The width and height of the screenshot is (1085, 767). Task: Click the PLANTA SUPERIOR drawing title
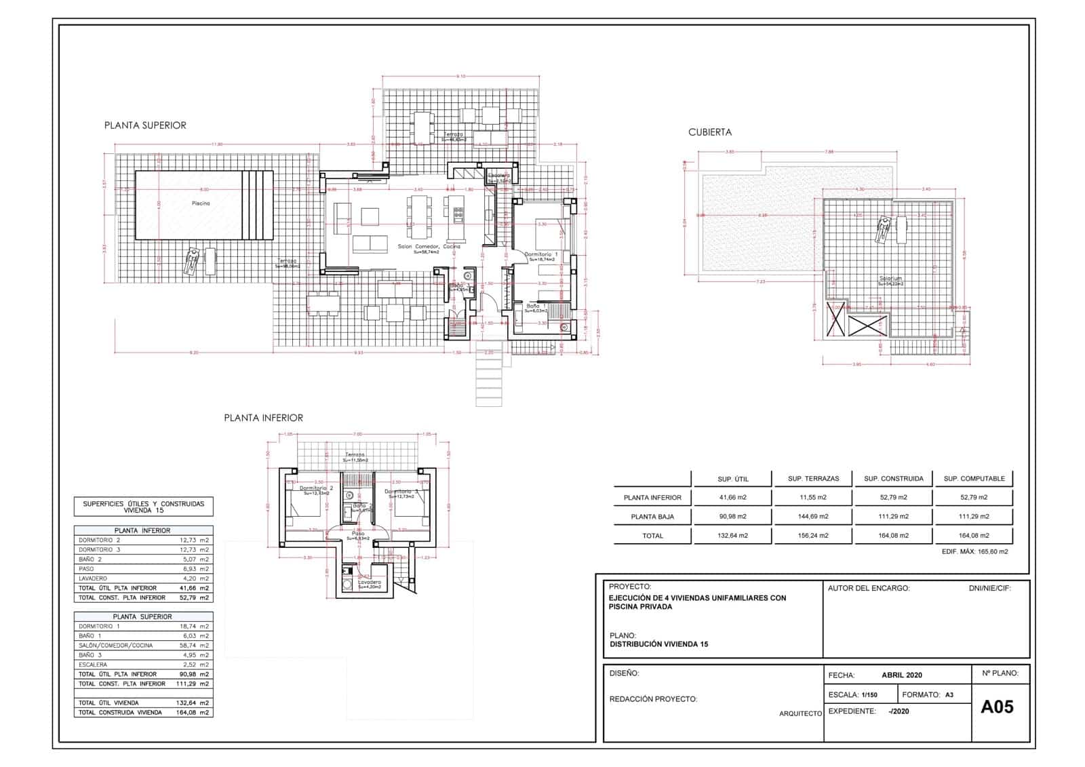click(145, 125)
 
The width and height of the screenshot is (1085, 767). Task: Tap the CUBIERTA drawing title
click(710, 132)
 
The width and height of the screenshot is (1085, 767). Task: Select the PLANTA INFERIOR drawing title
click(264, 418)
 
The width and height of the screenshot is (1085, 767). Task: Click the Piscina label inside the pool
click(201, 203)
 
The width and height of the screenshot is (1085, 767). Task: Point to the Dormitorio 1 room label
click(541, 254)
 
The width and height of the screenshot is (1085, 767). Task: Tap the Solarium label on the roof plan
click(891, 279)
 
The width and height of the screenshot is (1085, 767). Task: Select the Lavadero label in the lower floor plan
click(370, 582)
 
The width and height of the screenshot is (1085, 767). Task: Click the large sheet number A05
click(998, 707)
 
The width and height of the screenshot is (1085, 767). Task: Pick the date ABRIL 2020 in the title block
click(902, 675)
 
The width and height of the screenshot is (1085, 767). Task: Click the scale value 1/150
click(869, 695)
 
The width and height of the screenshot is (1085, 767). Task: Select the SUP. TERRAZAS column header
click(813, 478)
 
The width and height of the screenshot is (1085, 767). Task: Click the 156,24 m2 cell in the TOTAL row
click(813, 535)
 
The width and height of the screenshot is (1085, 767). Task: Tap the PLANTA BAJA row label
click(652, 516)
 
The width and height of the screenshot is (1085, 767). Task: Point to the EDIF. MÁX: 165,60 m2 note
click(974, 552)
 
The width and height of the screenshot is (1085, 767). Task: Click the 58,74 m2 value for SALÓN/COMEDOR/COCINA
click(194, 646)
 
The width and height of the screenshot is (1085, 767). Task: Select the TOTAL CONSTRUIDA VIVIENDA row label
click(120, 713)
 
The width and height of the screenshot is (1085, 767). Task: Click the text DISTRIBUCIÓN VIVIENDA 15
click(658, 644)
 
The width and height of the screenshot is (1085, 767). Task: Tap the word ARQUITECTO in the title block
click(800, 713)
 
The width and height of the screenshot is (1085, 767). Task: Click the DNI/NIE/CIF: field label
click(989, 589)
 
